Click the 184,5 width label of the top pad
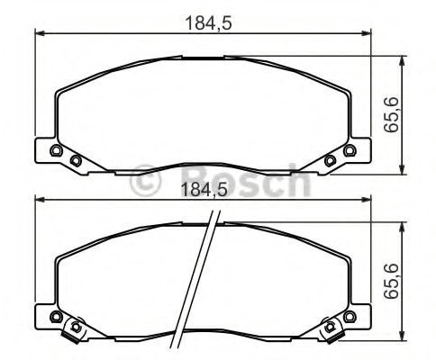[x=209, y=23]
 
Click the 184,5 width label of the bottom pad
[x=204, y=190]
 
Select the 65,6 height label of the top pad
[x=391, y=114]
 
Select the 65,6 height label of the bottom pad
[x=391, y=281]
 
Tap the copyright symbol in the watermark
[x=146, y=181]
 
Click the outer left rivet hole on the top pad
[x=56, y=150]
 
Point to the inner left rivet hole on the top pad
[x=76, y=160]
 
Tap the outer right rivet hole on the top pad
[x=350, y=150]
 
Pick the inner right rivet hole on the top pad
[x=330, y=160]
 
